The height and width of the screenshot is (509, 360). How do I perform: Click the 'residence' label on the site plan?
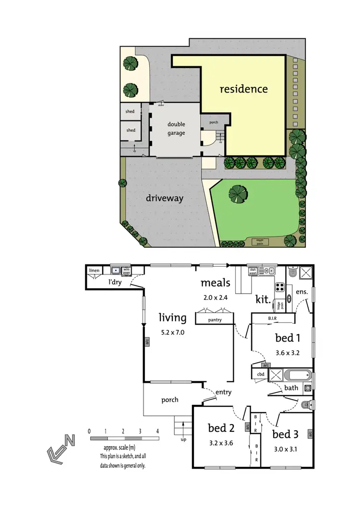[x=243, y=89]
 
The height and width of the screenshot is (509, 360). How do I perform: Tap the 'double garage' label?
[x=176, y=128]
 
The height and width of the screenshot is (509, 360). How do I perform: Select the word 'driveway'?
[x=165, y=198]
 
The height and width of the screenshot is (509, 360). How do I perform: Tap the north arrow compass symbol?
[x=60, y=448]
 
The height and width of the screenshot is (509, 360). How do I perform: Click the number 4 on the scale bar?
[x=157, y=431]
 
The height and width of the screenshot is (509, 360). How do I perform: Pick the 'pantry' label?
[x=215, y=320]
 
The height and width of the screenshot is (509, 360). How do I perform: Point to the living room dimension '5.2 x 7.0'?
[x=172, y=331]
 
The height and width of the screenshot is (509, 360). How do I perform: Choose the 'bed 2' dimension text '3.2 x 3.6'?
[x=220, y=443]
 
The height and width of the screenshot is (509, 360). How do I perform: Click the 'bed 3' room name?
[x=285, y=435]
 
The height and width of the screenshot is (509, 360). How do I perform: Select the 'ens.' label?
[x=302, y=291]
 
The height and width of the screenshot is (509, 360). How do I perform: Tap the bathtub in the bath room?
[x=294, y=375]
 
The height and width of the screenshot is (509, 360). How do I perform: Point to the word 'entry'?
[x=224, y=392]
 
